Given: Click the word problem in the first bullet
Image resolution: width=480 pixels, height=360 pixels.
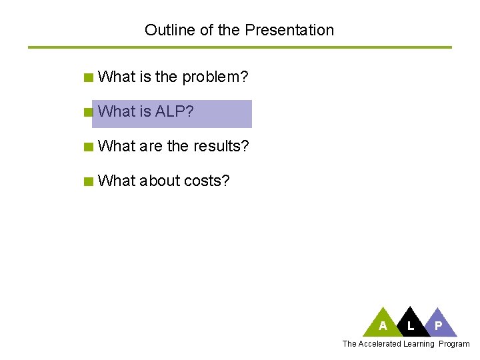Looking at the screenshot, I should [215, 77].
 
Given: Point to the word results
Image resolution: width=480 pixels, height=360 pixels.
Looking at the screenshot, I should [221, 146].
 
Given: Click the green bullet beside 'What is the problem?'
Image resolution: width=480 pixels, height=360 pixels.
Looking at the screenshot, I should [88, 78].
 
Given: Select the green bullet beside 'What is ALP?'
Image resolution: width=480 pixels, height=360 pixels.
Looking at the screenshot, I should [88, 113].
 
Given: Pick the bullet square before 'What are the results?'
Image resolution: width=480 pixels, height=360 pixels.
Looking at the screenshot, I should [88, 147].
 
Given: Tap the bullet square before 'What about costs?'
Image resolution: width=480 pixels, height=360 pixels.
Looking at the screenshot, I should [88, 181].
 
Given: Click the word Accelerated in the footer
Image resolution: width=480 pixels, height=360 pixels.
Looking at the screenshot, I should [379, 344].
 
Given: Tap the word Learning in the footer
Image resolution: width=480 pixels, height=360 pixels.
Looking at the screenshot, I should [419, 344].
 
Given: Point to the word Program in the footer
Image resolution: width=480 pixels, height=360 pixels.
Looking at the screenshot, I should [454, 344].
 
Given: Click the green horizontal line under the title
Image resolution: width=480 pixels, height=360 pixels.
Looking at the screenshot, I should [240, 47].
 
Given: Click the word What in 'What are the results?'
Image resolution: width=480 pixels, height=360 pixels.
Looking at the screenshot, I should [116, 146].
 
